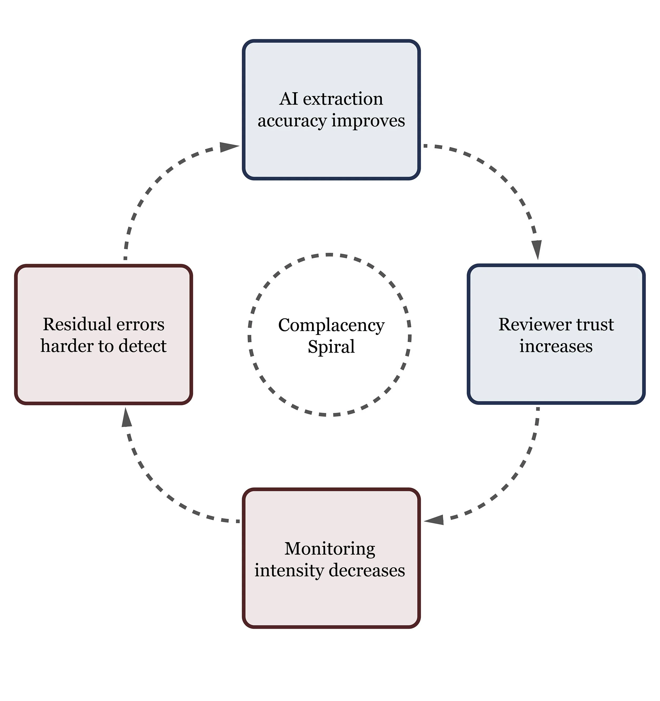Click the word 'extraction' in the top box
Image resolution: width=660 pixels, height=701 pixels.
pos(343,99)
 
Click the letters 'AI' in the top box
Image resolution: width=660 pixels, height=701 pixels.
pos(289,99)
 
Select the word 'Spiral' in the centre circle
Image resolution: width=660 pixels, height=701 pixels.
pos(331,347)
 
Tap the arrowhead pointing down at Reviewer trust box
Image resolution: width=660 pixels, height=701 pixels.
pos(537,249)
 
